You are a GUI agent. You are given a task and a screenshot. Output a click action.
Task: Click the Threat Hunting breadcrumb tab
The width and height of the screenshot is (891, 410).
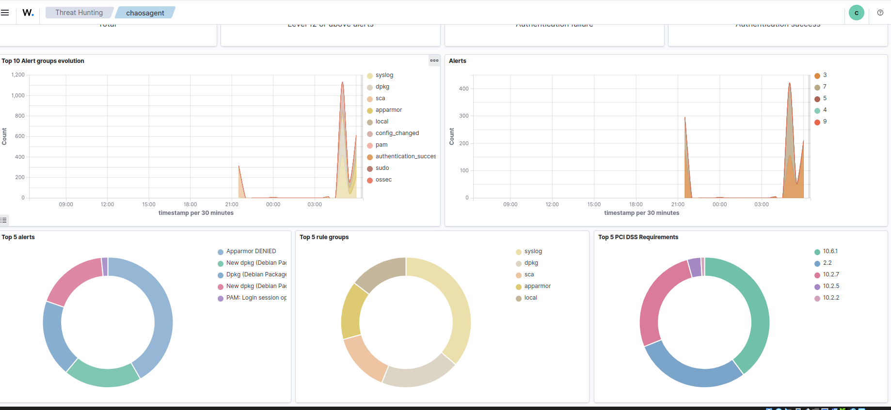79,13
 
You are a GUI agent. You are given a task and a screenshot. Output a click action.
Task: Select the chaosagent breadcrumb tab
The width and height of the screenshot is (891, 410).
145,13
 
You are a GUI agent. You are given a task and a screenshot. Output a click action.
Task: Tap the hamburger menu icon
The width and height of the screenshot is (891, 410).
5,13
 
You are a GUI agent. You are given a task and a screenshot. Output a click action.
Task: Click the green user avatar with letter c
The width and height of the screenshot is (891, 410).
856,13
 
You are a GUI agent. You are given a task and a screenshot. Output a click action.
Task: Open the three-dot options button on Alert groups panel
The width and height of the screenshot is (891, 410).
434,61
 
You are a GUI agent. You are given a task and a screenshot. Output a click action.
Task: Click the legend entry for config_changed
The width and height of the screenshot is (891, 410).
397,133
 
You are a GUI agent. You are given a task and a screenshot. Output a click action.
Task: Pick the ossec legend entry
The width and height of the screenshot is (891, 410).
383,180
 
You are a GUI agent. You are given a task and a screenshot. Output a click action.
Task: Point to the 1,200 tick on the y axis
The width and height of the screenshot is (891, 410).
18,75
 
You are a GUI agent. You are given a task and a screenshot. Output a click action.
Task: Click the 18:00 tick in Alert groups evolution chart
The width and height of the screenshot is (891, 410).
190,204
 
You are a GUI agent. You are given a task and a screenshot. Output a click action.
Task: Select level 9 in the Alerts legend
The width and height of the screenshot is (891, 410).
824,121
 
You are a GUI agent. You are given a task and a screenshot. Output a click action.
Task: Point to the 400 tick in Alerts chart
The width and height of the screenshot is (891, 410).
463,89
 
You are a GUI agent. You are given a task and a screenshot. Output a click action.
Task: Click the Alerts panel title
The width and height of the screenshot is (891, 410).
457,61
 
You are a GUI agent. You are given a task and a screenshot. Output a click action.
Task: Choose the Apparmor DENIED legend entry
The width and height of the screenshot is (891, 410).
251,251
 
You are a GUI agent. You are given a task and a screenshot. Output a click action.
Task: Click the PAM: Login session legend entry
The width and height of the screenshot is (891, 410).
256,298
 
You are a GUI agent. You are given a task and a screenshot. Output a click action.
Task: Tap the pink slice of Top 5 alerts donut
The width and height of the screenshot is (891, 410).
73,280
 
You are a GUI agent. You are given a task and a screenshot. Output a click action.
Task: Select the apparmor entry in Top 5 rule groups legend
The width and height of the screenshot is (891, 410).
537,286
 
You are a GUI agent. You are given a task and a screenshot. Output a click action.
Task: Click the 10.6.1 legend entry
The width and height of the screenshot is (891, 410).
829,251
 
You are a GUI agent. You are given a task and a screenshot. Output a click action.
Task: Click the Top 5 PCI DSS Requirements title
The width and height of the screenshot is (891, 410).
638,237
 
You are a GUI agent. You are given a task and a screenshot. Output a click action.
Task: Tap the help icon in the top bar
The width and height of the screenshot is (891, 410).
880,13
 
